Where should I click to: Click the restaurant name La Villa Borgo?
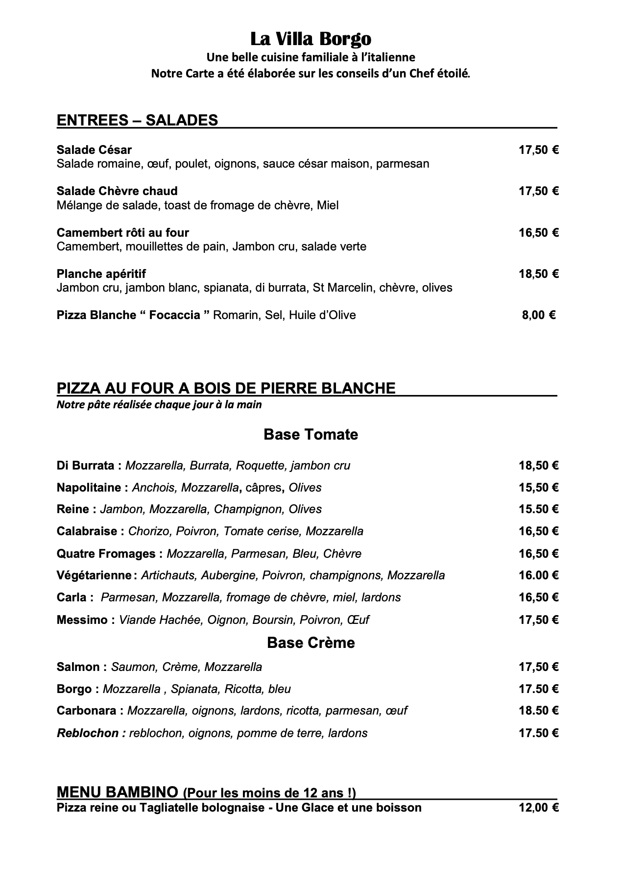(310, 39)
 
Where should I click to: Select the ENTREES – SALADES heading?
(137, 120)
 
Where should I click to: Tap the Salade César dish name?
(94, 149)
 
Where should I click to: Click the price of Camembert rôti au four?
(538, 232)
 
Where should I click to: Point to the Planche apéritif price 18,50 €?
(538, 273)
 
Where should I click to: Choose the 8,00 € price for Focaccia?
(538, 315)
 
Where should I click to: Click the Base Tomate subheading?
(310, 434)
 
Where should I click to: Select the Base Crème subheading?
(310, 643)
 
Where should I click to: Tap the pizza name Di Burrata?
(85, 465)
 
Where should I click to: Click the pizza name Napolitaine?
(89, 488)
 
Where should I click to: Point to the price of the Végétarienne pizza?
(538, 575)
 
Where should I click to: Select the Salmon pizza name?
(78, 667)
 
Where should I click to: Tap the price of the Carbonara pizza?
(538, 711)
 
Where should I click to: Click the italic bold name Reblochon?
(88, 733)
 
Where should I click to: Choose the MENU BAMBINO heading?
(117, 792)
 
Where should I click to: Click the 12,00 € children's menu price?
(538, 807)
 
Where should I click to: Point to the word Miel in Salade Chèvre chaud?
(328, 205)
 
